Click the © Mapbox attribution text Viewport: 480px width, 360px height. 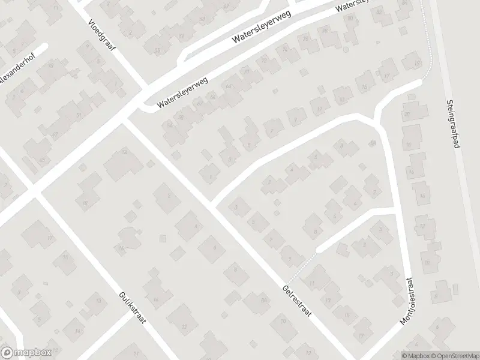(416, 355)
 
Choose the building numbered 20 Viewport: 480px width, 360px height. (407, 115)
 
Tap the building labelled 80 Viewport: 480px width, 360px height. (326, 31)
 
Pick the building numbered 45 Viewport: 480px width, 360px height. (42, 160)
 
